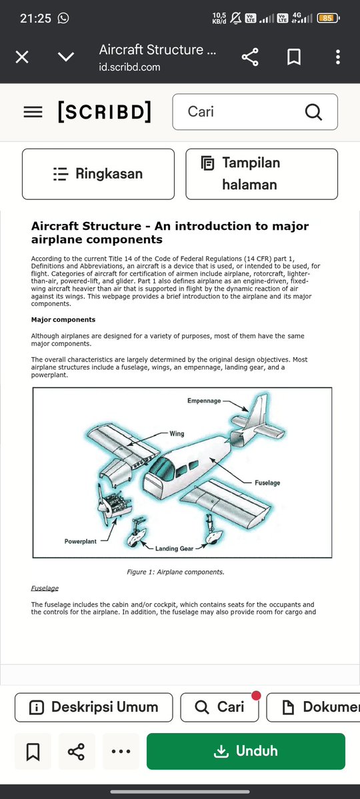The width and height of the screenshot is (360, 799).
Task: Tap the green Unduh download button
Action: [x=246, y=750]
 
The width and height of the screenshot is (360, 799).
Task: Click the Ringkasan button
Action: [x=99, y=174]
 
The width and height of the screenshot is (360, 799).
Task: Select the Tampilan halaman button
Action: [x=261, y=174]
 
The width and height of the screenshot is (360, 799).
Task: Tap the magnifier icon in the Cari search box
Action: [x=313, y=111]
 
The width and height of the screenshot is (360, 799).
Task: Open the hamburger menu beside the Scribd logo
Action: [x=33, y=111]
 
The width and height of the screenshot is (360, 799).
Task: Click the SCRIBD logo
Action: [x=105, y=111]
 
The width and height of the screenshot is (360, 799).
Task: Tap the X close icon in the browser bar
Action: [x=22, y=57]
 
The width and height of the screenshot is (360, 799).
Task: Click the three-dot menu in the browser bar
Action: [x=337, y=57]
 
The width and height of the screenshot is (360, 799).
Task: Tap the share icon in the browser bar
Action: [x=250, y=57]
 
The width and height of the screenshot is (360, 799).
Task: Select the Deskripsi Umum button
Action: [x=94, y=707]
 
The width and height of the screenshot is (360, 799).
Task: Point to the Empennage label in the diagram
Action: [x=204, y=400]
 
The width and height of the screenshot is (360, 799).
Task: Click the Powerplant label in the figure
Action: [x=80, y=541]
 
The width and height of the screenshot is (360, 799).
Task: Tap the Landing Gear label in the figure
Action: [x=174, y=549]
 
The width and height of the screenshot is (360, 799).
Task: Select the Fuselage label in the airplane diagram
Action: [x=267, y=482]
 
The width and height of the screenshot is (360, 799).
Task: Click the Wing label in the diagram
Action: [x=177, y=434]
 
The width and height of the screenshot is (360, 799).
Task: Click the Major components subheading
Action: [x=63, y=320]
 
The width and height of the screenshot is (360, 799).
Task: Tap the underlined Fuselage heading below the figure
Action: [x=45, y=588]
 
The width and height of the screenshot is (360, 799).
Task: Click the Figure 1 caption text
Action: [x=175, y=572]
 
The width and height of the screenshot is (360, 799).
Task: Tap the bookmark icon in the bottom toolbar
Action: [x=33, y=751]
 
